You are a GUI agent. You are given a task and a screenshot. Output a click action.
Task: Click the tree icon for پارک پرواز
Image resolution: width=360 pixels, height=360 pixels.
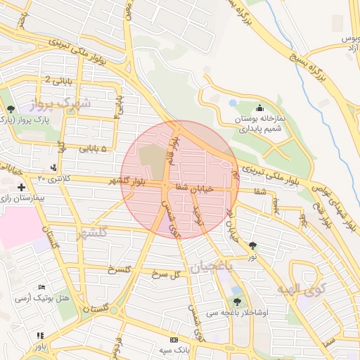tap(11, 108)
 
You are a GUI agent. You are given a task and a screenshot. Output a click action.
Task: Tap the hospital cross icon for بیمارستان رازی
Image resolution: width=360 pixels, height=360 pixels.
tap(22, 188)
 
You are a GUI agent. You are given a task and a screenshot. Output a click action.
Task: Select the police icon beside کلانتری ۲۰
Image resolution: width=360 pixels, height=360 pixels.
tap(54, 167)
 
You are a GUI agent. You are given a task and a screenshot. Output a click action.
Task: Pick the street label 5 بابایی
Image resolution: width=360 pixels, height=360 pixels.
tap(94, 148)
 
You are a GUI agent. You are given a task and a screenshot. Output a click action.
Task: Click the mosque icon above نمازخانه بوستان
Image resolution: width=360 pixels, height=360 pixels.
tap(260, 108)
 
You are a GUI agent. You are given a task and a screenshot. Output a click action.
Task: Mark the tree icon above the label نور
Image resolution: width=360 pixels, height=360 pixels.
tap(252, 245)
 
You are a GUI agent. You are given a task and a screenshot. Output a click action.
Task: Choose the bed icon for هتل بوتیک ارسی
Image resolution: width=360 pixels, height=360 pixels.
tap(41, 288)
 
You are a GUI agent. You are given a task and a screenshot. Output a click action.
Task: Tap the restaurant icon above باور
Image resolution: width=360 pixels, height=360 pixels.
tap(40, 335)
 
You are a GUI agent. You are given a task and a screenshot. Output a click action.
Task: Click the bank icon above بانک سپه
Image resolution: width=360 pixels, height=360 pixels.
tap(174, 340)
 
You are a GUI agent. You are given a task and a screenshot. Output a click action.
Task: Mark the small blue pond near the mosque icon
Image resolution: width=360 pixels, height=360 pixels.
tap(233, 103)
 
